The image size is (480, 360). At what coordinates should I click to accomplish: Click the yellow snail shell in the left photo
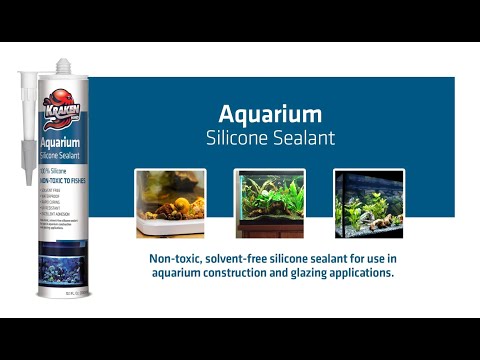(x=183, y=204)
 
